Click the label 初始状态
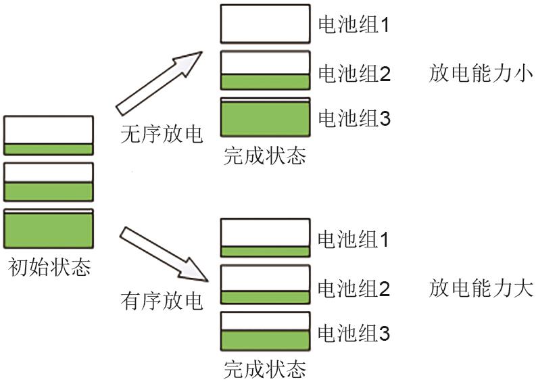point(49,268)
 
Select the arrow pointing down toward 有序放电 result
point(163,254)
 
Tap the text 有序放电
point(162,300)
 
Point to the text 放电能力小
point(481,73)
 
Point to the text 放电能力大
point(481,289)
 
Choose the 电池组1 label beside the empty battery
point(354,26)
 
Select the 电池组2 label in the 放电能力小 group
point(354,73)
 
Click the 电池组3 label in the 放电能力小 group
point(354,120)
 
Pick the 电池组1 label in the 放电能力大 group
point(354,239)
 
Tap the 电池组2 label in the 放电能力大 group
point(354,289)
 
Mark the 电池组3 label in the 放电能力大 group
point(354,333)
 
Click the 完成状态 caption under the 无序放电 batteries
point(264,156)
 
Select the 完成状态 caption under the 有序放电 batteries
point(264,369)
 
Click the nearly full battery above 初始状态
point(49,229)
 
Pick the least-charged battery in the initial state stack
point(49,135)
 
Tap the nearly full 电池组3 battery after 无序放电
point(265,120)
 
